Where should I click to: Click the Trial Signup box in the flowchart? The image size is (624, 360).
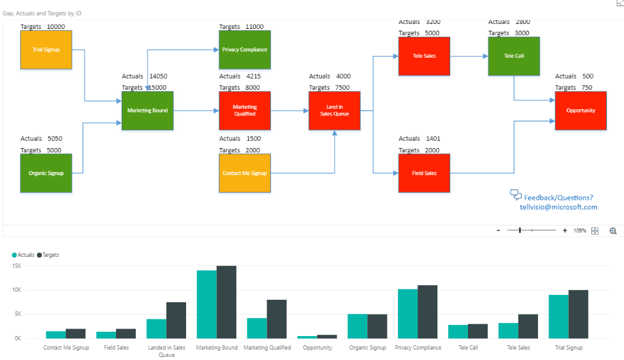(x=46, y=49)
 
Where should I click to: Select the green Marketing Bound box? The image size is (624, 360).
(x=147, y=111)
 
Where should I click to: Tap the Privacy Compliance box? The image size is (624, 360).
(x=244, y=50)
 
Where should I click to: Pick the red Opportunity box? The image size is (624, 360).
(x=580, y=111)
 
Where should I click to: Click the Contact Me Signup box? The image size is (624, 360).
(x=244, y=173)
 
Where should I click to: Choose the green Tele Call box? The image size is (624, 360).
(x=513, y=56)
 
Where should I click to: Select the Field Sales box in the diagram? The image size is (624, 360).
(x=424, y=173)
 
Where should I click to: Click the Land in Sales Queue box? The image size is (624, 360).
(x=334, y=111)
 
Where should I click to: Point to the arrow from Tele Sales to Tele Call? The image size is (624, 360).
(x=469, y=56)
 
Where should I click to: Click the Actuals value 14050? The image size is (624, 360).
(x=158, y=77)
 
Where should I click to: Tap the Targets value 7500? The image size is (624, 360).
(x=343, y=88)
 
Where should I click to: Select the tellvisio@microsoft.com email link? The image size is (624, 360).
(x=558, y=207)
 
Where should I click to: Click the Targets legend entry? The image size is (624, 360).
(x=50, y=254)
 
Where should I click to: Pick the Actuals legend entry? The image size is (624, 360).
(x=25, y=254)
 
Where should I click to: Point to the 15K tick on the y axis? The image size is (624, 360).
(x=16, y=266)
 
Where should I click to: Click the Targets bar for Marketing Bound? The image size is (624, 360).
(x=226, y=302)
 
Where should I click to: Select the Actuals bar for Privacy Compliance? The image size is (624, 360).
(x=408, y=313)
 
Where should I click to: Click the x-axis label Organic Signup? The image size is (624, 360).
(x=367, y=348)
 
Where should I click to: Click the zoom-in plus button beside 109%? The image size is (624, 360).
(x=564, y=230)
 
